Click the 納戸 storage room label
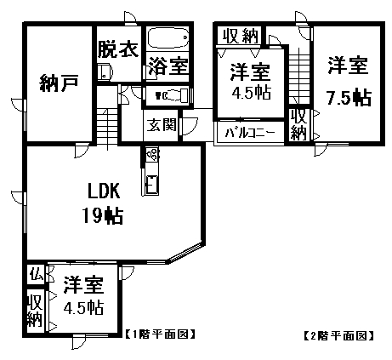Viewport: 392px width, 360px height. (x=59, y=83)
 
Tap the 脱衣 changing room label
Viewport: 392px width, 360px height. (x=118, y=49)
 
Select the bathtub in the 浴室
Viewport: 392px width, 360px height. (x=168, y=37)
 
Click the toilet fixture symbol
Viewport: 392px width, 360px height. (x=171, y=94)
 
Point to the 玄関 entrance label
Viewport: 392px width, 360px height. (x=162, y=124)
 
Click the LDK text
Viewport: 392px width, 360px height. (x=104, y=191)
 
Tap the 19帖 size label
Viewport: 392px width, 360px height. (x=103, y=215)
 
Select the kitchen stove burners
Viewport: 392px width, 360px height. (x=153, y=154)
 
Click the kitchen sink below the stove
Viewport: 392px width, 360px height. (x=152, y=184)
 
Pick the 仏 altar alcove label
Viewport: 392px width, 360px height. (x=37, y=274)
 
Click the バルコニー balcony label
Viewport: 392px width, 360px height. (x=250, y=133)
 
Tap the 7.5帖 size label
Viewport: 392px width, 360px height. (x=349, y=98)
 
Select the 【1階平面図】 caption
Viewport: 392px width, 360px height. (x=160, y=334)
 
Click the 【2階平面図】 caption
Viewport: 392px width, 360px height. (x=338, y=336)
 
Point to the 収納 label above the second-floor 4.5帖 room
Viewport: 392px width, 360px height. (x=241, y=36)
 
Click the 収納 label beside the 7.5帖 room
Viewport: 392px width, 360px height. (x=298, y=124)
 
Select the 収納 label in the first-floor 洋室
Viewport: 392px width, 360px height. (x=35, y=311)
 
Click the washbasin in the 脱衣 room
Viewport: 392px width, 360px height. (x=105, y=71)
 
